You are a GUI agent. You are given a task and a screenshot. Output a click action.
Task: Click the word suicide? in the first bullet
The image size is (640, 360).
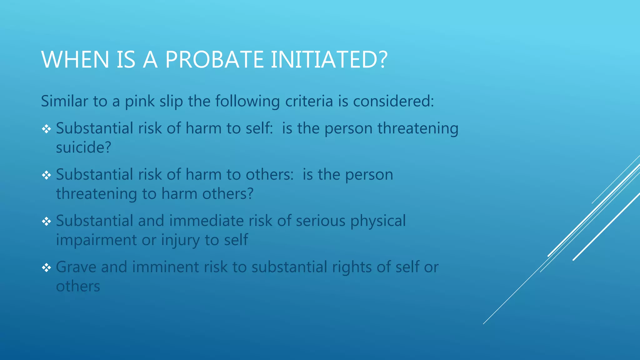click(83, 147)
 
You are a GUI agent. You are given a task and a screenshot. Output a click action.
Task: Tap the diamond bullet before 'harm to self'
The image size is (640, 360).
click(47, 129)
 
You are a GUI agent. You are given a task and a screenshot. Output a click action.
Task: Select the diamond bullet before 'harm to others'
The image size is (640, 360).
click(47, 175)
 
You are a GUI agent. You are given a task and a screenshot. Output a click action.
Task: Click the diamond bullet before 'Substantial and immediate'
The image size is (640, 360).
click(47, 221)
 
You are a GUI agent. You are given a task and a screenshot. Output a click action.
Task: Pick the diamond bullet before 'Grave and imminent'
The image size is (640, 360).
click(47, 267)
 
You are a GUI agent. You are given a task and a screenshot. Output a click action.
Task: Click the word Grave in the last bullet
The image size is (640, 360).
click(76, 267)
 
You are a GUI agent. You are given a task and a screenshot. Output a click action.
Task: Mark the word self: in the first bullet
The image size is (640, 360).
click(259, 128)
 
